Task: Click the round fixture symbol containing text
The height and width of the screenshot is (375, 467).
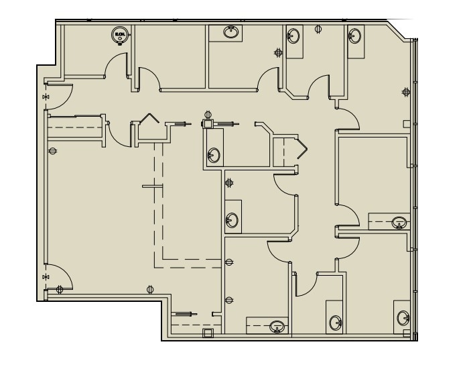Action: [x=120, y=35]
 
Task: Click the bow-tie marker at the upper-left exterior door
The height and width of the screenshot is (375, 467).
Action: [x=46, y=97]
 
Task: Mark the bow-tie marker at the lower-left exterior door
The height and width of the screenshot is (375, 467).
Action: [x=46, y=276]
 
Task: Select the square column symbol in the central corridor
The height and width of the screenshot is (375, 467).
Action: [x=208, y=123]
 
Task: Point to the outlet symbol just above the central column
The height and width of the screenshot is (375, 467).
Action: [x=208, y=113]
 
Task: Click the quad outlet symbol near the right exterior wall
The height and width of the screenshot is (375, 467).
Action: [x=405, y=91]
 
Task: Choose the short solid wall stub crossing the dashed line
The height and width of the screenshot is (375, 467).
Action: [x=152, y=186]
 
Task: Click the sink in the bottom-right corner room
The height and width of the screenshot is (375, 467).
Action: [x=404, y=318]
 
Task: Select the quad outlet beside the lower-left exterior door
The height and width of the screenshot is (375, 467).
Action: [x=60, y=290]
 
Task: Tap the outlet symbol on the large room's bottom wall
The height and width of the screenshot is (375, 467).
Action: [x=149, y=290]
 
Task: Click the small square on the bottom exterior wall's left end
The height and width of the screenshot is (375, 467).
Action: [x=207, y=332]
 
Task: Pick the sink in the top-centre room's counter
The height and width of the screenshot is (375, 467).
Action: [x=231, y=32]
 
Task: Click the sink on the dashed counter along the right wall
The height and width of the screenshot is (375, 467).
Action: [x=399, y=222]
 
